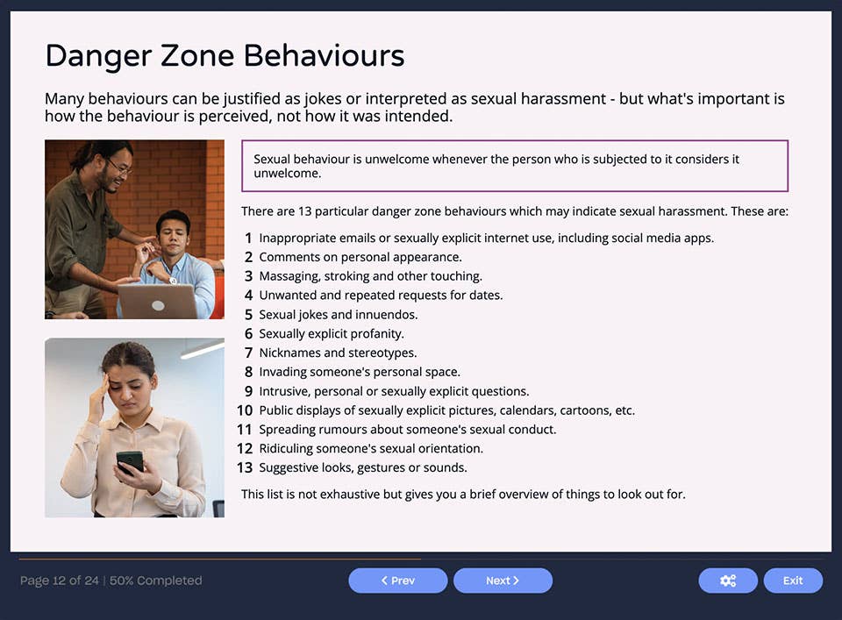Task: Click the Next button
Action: click(503, 581)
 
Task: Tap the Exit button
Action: click(793, 581)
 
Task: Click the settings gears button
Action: click(727, 581)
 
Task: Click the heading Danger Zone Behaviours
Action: click(225, 56)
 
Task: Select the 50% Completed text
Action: click(155, 581)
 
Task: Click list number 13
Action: click(245, 467)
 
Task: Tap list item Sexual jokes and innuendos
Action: click(338, 314)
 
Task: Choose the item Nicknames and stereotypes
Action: click(338, 353)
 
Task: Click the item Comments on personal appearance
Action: click(360, 257)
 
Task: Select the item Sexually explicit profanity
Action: click(332, 333)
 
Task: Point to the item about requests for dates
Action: click(381, 295)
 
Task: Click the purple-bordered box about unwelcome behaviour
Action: click(514, 166)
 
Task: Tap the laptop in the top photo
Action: click(158, 301)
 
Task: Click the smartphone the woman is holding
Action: click(129, 461)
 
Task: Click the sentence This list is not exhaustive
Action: click(463, 494)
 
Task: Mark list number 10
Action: click(244, 410)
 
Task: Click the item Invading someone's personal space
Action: click(359, 372)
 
